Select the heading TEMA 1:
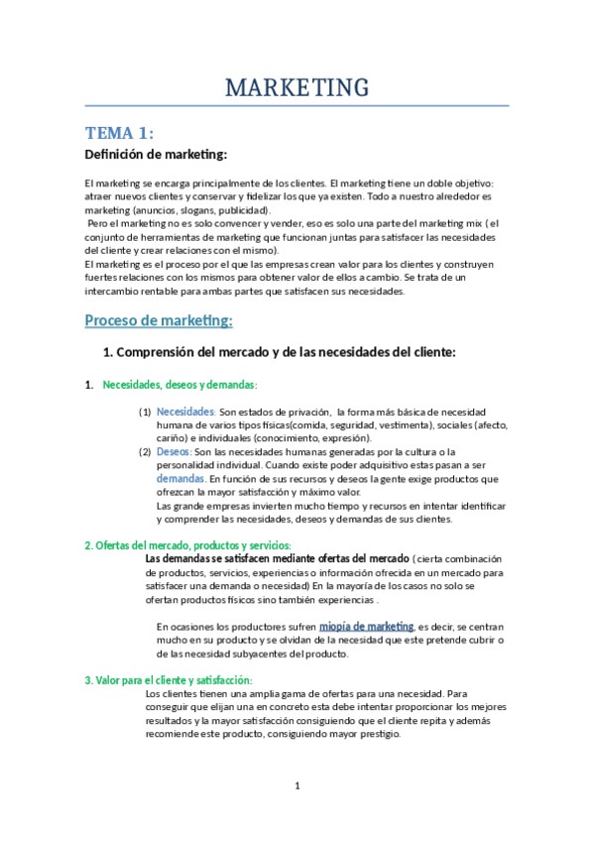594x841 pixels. [x=119, y=133]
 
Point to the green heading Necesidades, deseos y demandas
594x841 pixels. [x=179, y=385]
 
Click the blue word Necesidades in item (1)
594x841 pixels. [x=185, y=412]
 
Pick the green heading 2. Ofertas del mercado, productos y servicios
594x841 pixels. [x=187, y=545]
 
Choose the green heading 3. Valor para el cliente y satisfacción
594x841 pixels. [x=168, y=679]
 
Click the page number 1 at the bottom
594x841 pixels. [x=297, y=786]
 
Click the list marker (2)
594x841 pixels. [x=145, y=452]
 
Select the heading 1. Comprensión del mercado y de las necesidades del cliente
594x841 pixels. [x=279, y=352]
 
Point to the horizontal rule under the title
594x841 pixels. [x=297, y=105]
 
